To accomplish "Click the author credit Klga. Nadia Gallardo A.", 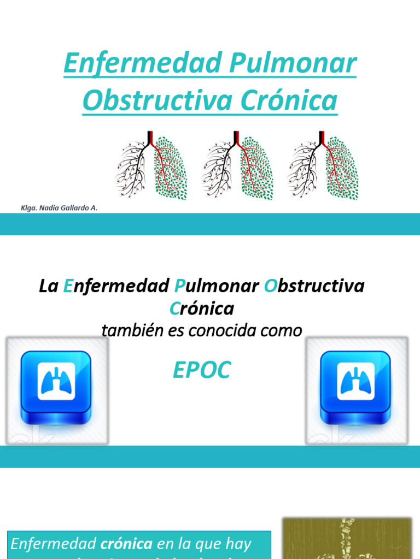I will (x=59, y=208).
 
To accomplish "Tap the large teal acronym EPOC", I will (x=202, y=371).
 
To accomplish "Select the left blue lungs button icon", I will (x=56, y=387).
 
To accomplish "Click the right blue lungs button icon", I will (x=355, y=387).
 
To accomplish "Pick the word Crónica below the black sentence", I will (x=202, y=308).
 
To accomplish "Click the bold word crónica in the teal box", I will (x=126, y=544).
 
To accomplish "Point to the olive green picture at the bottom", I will (x=346, y=538).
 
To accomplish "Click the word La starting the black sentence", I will (x=48, y=286).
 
